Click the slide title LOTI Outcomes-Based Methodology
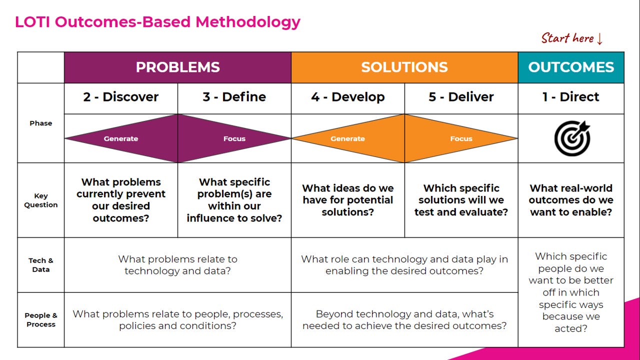click(x=157, y=22)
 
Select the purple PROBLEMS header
click(x=177, y=67)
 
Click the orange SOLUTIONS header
click(x=404, y=67)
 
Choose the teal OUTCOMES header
click(x=571, y=67)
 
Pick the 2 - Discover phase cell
click(x=121, y=97)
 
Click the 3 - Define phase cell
click(x=234, y=97)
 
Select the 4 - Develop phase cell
click(x=348, y=97)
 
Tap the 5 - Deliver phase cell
click(x=461, y=97)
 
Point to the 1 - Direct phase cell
click(x=571, y=97)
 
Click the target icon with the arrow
click(x=572, y=138)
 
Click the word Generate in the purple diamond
click(x=121, y=139)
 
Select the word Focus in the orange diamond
click(x=461, y=139)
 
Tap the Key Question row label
click(x=41, y=200)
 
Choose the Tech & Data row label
click(x=41, y=265)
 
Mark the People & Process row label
click(x=41, y=320)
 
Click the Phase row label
click(x=41, y=123)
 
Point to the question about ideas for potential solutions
click(x=348, y=200)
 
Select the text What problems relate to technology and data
click(x=177, y=265)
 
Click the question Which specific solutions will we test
click(x=461, y=200)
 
